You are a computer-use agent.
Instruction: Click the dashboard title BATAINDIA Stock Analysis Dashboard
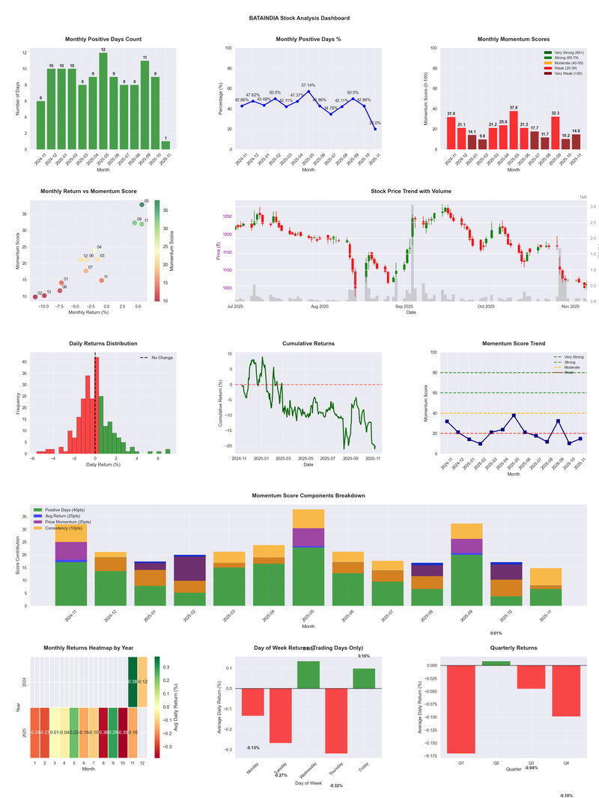coord(299,17)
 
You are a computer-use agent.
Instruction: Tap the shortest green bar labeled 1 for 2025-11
coord(165,144)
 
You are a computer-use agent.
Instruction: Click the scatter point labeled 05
coord(142,204)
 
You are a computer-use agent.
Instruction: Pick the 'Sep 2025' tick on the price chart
coord(404,305)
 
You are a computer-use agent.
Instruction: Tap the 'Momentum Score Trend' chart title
coord(513,344)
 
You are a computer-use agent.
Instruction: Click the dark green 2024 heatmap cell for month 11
coord(133,682)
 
